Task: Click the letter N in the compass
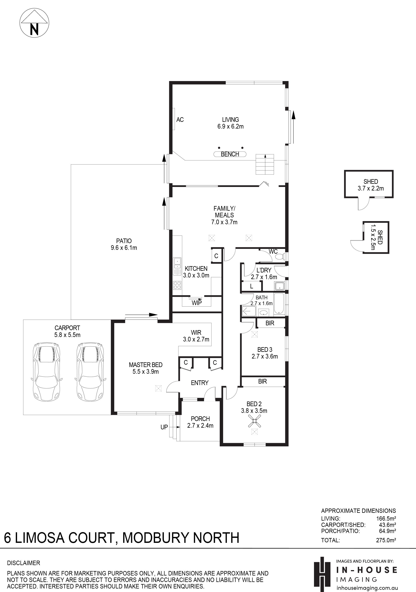click(x=34, y=29)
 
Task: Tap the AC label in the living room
click(x=180, y=120)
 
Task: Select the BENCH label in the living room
click(x=230, y=154)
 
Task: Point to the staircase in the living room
click(x=265, y=164)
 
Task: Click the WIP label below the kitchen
click(x=197, y=303)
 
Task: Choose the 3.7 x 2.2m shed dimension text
click(x=371, y=188)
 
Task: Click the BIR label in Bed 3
click(x=270, y=323)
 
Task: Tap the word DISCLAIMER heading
click(x=24, y=563)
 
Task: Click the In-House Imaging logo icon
click(x=322, y=574)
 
